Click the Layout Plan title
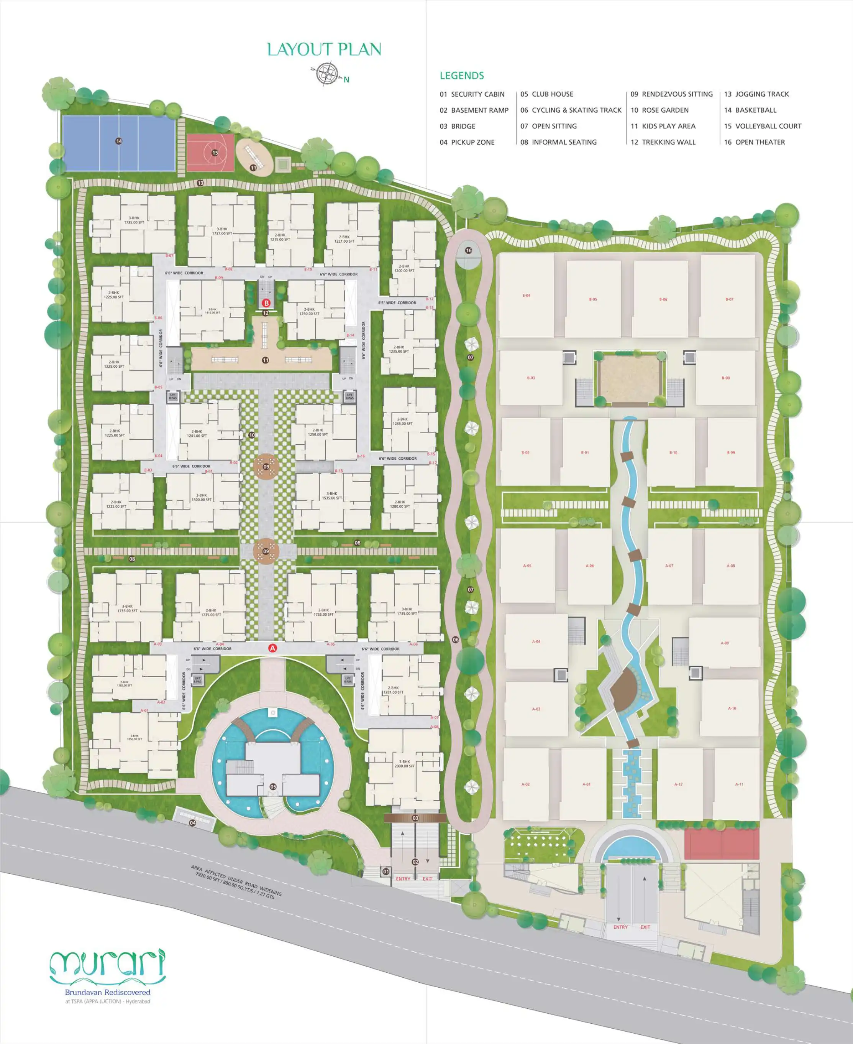[x=324, y=49]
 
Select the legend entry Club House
[x=546, y=94]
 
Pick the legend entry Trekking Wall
[x=663, y=142]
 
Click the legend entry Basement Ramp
[x=474, y=110]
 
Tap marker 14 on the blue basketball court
[x=118, y=141]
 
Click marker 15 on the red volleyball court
[x=215, y=153]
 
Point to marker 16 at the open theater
[x=468, y=251]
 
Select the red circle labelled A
[x=273, y=648]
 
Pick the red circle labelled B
[x=266, y=303]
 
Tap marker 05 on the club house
[x=273, y=786]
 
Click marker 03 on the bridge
[x=415, y=818]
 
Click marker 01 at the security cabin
[x=386, y=871]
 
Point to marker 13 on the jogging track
[x=200, y=183]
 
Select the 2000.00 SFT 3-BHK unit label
[x=404, y=764]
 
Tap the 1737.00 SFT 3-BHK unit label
[x=222, y=231]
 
